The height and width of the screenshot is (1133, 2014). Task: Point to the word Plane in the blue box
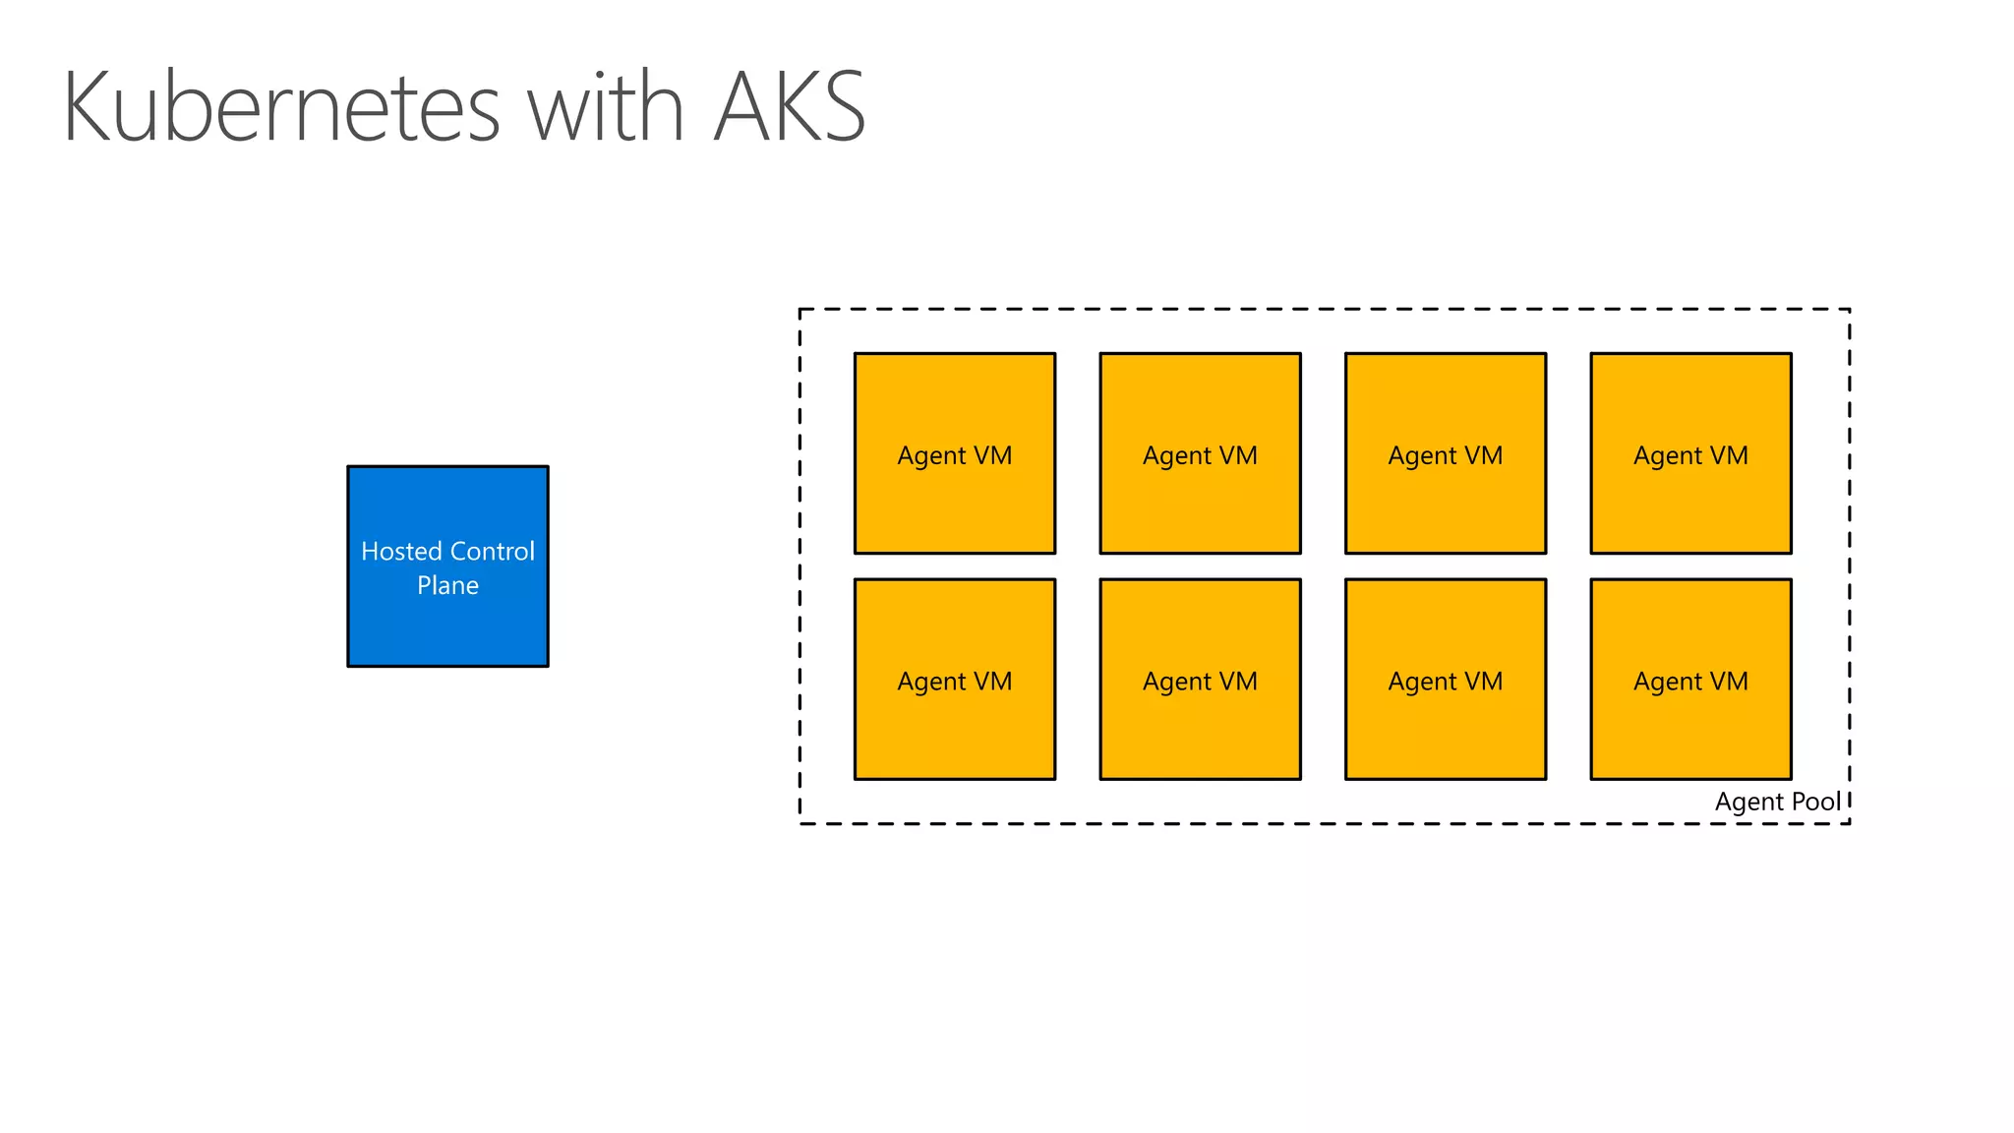[x=447, y=585]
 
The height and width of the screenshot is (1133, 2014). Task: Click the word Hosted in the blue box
[x=399, y=551]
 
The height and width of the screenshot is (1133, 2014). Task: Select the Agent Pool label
[x=1777, y=802]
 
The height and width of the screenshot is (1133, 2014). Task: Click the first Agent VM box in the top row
[x=954, y=453]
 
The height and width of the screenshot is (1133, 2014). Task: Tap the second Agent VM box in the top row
[x=1200, y=453]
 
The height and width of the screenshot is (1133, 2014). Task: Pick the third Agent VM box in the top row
[x=1445, y=453]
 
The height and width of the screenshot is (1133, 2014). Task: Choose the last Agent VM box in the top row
[x=1690, y=453]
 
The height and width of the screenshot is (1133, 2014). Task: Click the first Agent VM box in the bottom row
[x=954, y=680]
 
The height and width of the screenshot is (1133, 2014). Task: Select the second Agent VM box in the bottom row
[x=1200, y=680]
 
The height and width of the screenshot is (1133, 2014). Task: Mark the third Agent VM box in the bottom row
[x=1445, y=680]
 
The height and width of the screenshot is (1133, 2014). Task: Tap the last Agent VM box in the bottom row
[x=1690, y=680]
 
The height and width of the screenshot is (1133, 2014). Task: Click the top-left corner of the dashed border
[x=800, y=310]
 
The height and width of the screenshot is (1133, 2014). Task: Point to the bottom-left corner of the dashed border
[x=800, y=823]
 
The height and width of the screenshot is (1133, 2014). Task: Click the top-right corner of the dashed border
[x=1849, y=310]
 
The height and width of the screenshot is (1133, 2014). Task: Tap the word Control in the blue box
[x=491, y=551]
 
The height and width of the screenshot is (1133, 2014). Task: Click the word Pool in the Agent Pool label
[x=1815, y=802]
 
